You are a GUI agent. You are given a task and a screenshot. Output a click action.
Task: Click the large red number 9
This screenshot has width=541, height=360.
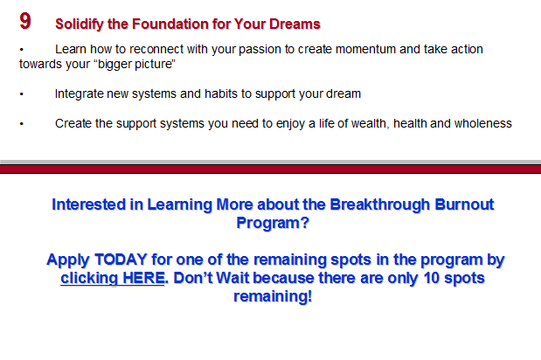click(x=25, y=21)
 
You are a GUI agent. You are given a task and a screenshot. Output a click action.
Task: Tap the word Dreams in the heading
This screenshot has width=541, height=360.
click(x=295, y=24)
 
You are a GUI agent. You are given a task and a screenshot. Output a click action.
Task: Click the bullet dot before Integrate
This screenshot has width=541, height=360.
click(x=21, y=94)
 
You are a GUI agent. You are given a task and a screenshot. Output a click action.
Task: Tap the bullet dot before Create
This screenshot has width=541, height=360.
click(x=21, y=124)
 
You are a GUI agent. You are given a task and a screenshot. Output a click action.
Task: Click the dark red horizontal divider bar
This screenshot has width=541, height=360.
click(x=271, y=169)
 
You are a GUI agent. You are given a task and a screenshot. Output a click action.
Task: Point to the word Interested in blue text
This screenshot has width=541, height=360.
click(x=88, y=204)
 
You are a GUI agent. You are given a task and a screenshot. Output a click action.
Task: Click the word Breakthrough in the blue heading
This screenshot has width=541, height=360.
click(x=379, y=204)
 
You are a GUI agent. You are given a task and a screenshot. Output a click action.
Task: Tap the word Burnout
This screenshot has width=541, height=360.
click(x=464, y=204)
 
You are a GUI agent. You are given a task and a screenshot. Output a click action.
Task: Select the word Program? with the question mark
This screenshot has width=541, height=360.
click(x=273, y=223)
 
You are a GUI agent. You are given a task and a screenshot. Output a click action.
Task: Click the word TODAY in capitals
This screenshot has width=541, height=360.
click(x=121, y=260)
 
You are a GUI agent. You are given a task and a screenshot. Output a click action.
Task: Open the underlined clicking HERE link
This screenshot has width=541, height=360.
click(x=113, y=278)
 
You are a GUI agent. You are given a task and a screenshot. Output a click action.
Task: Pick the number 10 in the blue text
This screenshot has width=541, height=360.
click(x=431, y=278)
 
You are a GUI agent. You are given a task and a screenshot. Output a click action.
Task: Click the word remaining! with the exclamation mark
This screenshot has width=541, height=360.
click(x=273, y=296)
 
